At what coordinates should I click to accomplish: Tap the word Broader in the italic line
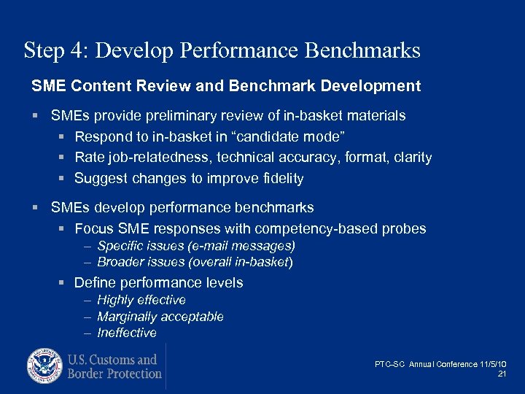(x=120, y=262)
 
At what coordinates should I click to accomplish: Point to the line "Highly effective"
(x=141, y=300)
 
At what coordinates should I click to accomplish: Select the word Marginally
(x=128, y=317)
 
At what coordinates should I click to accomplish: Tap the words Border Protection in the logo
(x=114, y=374)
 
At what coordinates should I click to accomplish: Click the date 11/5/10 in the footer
(x=493, y=364)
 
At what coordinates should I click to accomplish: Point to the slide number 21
(x=501, y=374)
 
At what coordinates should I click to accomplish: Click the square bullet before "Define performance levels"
(x=63, y=283)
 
